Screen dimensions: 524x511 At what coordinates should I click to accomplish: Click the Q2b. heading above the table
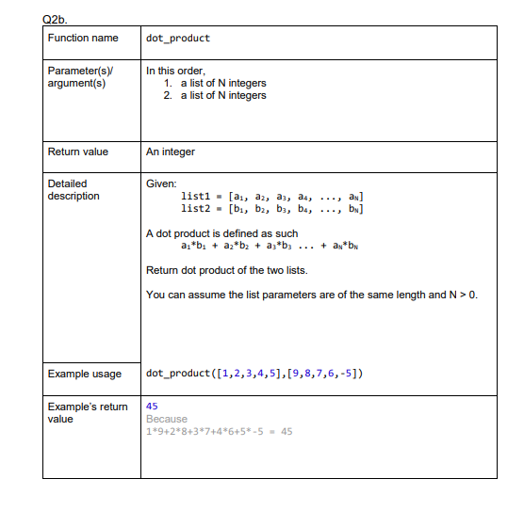pos(57,14)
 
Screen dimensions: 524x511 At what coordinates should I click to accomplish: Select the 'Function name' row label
pos(83,38)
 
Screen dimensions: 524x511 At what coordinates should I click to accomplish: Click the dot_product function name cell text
pos(178,39)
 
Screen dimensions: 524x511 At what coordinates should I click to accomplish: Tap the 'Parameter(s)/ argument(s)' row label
pos(76,76)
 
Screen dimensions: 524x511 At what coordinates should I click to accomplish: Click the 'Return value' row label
pos(78,152)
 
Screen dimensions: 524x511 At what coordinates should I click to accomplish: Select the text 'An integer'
pos(171,152)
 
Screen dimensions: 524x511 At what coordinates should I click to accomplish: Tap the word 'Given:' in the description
pos(161,184)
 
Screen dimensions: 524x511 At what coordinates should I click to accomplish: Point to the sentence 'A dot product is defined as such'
pos(221,232)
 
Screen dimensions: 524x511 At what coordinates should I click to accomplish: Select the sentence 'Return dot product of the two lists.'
pos(227,270)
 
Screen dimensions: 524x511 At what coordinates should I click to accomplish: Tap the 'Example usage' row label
pos(85,374)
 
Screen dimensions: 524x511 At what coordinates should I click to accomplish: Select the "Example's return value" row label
pos(87,412)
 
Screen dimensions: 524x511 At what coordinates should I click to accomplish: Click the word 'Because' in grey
pos(167,419)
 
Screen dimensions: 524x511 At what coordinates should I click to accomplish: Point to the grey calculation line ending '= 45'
pos(219,432)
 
